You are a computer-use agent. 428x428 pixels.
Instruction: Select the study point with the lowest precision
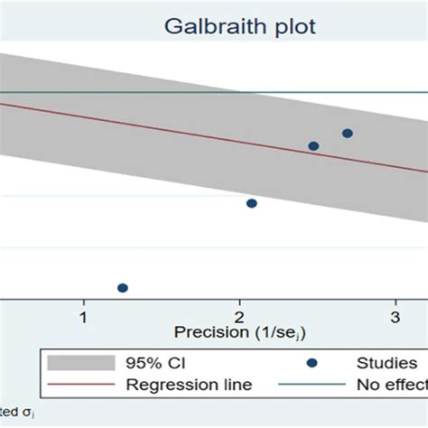point(123,288)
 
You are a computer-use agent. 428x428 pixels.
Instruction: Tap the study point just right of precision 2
point(252,203)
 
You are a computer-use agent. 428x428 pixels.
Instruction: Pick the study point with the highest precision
point(348,134)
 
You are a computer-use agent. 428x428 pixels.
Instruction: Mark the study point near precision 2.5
point(313,145)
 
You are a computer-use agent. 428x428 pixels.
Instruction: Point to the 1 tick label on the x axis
point(83,317)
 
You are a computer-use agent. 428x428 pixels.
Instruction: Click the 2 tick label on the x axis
point(238,317)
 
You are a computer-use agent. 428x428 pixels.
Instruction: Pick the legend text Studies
point(386,363)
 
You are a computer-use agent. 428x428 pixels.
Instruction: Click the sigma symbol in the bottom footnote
point(25,413)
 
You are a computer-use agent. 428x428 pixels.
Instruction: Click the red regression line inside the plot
point(181,126)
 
